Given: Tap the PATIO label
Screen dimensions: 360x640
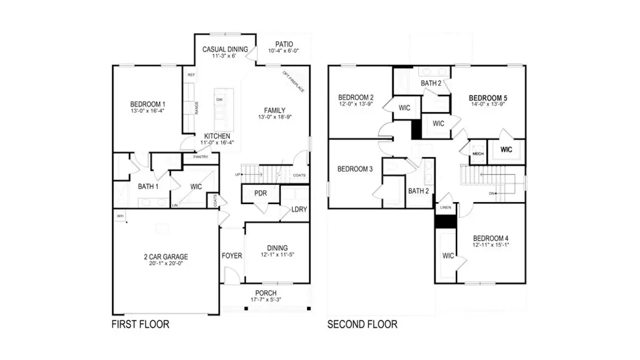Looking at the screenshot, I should coord(284,44).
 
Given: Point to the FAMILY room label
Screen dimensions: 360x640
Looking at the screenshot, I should coord(275,110).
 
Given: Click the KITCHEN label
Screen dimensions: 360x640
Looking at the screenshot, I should coord(217,136).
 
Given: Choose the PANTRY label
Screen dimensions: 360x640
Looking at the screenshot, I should coord(200,157).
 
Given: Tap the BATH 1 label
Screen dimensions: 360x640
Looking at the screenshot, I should coord(148,187).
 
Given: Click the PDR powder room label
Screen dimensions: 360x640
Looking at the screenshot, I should coord(260,193).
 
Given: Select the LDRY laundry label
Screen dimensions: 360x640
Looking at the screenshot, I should coord(299,209).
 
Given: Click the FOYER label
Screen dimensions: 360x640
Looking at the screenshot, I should coord(232,256).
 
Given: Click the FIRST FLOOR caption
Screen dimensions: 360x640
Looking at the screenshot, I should coord(140,325).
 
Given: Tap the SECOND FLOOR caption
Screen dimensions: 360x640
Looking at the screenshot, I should coord(362,325).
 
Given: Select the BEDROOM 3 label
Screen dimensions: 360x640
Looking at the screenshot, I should coord(355,169).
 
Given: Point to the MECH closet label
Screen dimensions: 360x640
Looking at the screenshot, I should coord(477,154).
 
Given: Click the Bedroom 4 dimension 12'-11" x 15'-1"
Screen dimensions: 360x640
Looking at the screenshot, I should coord(490,245).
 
